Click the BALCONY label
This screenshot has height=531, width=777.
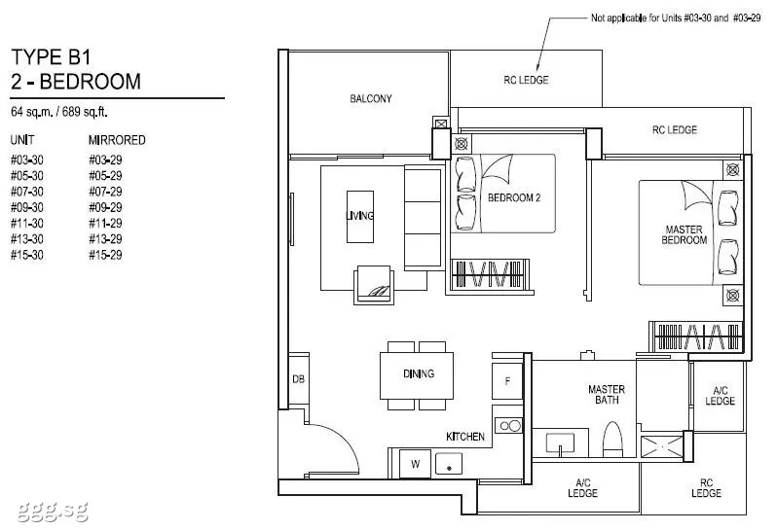[371, 99]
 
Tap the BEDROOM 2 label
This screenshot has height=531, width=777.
[514, 198]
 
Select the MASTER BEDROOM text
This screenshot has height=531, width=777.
[684, 235]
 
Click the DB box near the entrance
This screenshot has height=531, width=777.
[298, 379]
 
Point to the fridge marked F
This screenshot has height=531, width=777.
[507, 381]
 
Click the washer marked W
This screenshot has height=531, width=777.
[415, 464]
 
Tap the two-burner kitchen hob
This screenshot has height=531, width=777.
[509, 426]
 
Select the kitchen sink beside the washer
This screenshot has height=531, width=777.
[449, 464]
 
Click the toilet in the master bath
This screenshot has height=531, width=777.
[613, 440]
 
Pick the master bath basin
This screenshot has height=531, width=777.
[560, 442]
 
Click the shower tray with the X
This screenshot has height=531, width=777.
[661, 446]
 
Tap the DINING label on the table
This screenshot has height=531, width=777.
[419, 374]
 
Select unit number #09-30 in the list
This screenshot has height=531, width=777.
[26, 207]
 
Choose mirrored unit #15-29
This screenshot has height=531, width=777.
[105, 255]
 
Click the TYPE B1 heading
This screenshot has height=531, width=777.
[51, 57]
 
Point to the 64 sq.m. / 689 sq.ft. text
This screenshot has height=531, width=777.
[59, 112]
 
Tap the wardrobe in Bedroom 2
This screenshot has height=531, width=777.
[490, 273]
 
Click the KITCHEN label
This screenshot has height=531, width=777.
[465, 437]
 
